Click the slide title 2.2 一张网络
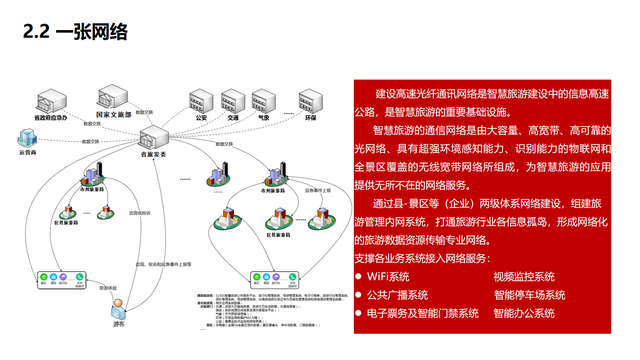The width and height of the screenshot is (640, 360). pos(75,32)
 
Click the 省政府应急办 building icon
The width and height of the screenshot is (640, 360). pos(52,101)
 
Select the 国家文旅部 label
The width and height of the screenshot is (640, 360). pos(113,115)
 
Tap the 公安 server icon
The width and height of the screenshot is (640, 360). pos(201,101)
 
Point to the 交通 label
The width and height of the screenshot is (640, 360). pos(233,118)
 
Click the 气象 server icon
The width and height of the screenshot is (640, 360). pos(263,101)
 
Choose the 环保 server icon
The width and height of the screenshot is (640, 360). pos(311,101)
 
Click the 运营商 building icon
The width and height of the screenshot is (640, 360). pos(28,138)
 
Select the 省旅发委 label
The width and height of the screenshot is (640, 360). pos(153,155)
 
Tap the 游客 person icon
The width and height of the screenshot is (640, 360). pos(118,310)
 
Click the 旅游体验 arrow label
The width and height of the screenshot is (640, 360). pos(108,288)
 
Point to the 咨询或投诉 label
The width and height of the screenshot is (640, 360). pos(140,213)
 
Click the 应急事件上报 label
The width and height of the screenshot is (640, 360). pos(318,191)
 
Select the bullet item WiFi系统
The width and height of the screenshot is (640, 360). pos(388,277)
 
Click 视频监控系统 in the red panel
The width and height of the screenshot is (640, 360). pos(524,277)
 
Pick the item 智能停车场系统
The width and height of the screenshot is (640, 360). pos(530,295)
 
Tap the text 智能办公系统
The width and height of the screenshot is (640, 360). pos(524,313)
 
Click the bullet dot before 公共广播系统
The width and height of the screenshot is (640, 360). pos(359,295)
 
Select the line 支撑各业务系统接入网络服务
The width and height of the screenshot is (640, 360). pos(422,258)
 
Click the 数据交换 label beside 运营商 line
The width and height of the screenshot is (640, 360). pos(91,141)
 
